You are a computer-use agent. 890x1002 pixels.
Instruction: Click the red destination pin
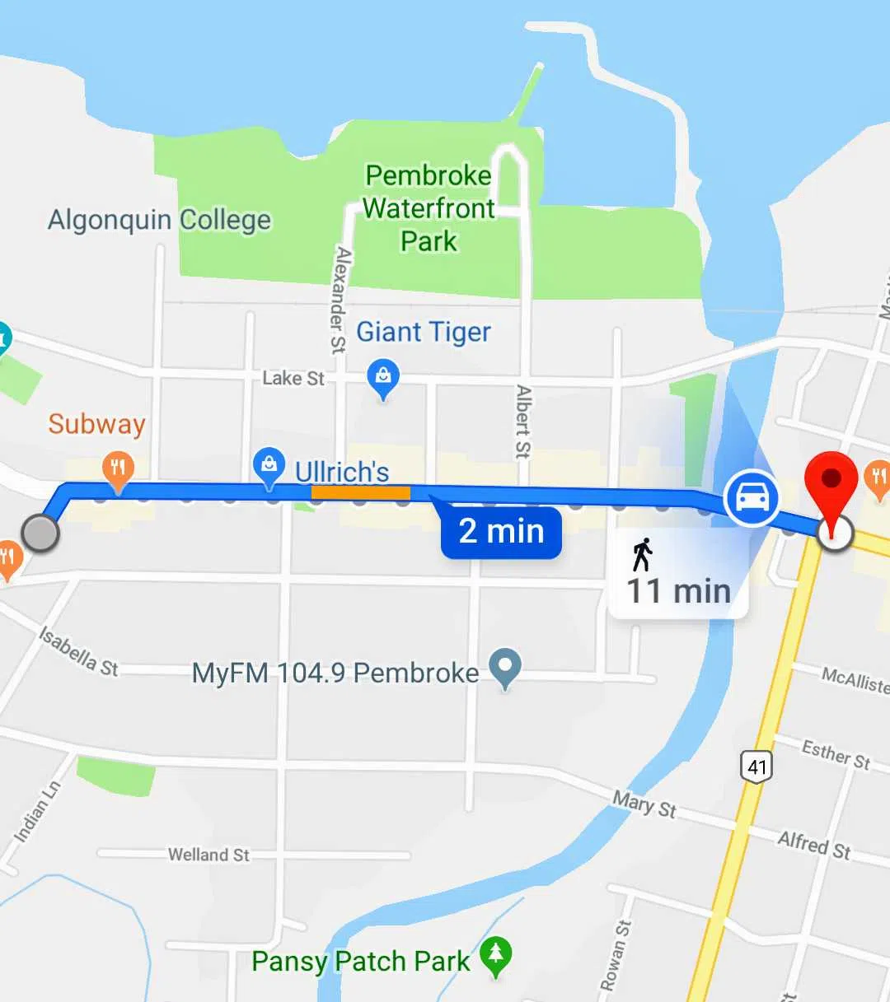833,481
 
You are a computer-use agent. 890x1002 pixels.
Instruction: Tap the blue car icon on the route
751,497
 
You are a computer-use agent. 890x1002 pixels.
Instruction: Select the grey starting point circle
40,532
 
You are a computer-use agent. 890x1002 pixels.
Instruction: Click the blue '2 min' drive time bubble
501,532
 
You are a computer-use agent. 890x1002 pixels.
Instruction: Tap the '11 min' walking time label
679,591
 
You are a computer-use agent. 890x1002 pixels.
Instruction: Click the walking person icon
642,554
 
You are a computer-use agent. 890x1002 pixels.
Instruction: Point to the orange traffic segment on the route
360,492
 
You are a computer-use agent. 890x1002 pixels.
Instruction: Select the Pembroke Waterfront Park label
429,208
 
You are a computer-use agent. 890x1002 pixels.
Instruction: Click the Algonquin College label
159,220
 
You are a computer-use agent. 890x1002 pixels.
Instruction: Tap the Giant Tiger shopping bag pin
382,377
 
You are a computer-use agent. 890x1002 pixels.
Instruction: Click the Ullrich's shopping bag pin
269,466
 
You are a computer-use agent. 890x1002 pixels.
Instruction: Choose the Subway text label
96,424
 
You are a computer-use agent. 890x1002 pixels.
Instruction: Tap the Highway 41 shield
756,767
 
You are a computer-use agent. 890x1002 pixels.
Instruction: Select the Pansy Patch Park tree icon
495,955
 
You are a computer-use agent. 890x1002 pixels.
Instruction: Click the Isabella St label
79,651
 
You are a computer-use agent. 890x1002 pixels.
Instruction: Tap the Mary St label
644,804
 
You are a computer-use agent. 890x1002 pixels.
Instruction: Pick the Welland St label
208,855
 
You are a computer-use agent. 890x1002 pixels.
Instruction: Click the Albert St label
523,421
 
